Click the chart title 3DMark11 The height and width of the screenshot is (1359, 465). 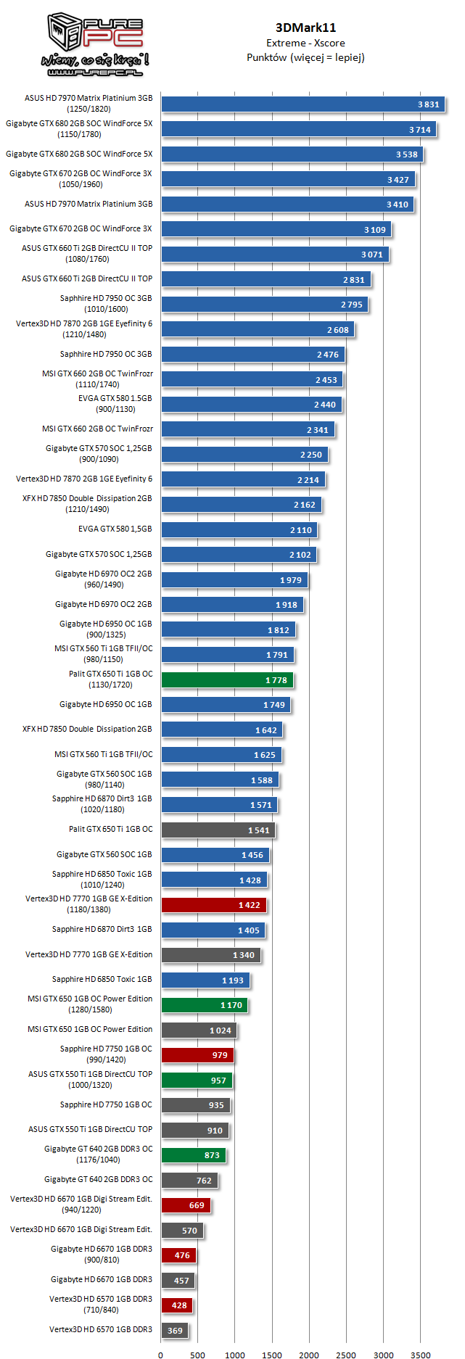point(305,28)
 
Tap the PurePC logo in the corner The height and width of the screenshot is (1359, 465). point(95,45)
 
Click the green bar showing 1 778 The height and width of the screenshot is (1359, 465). point(227,680)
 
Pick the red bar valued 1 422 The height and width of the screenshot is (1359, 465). point(214,905)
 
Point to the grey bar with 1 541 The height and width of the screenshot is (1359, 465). point(218,830)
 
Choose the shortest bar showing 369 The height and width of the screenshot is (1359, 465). point(174,1331)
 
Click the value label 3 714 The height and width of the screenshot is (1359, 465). point(419,130)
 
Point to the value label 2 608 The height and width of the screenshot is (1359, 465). point(337,330)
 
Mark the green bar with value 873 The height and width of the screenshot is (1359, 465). point(193,1155)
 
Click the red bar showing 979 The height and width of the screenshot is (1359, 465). point(197,1055)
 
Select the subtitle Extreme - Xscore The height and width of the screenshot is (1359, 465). point(305,43)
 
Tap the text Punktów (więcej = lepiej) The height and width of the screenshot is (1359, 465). point(305,57)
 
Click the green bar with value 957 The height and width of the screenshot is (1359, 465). point(197,1081)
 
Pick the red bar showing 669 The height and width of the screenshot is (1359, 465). point(186,1205)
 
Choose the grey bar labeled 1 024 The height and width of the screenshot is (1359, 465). point(199,1030)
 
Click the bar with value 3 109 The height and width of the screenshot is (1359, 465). point(276,230)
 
